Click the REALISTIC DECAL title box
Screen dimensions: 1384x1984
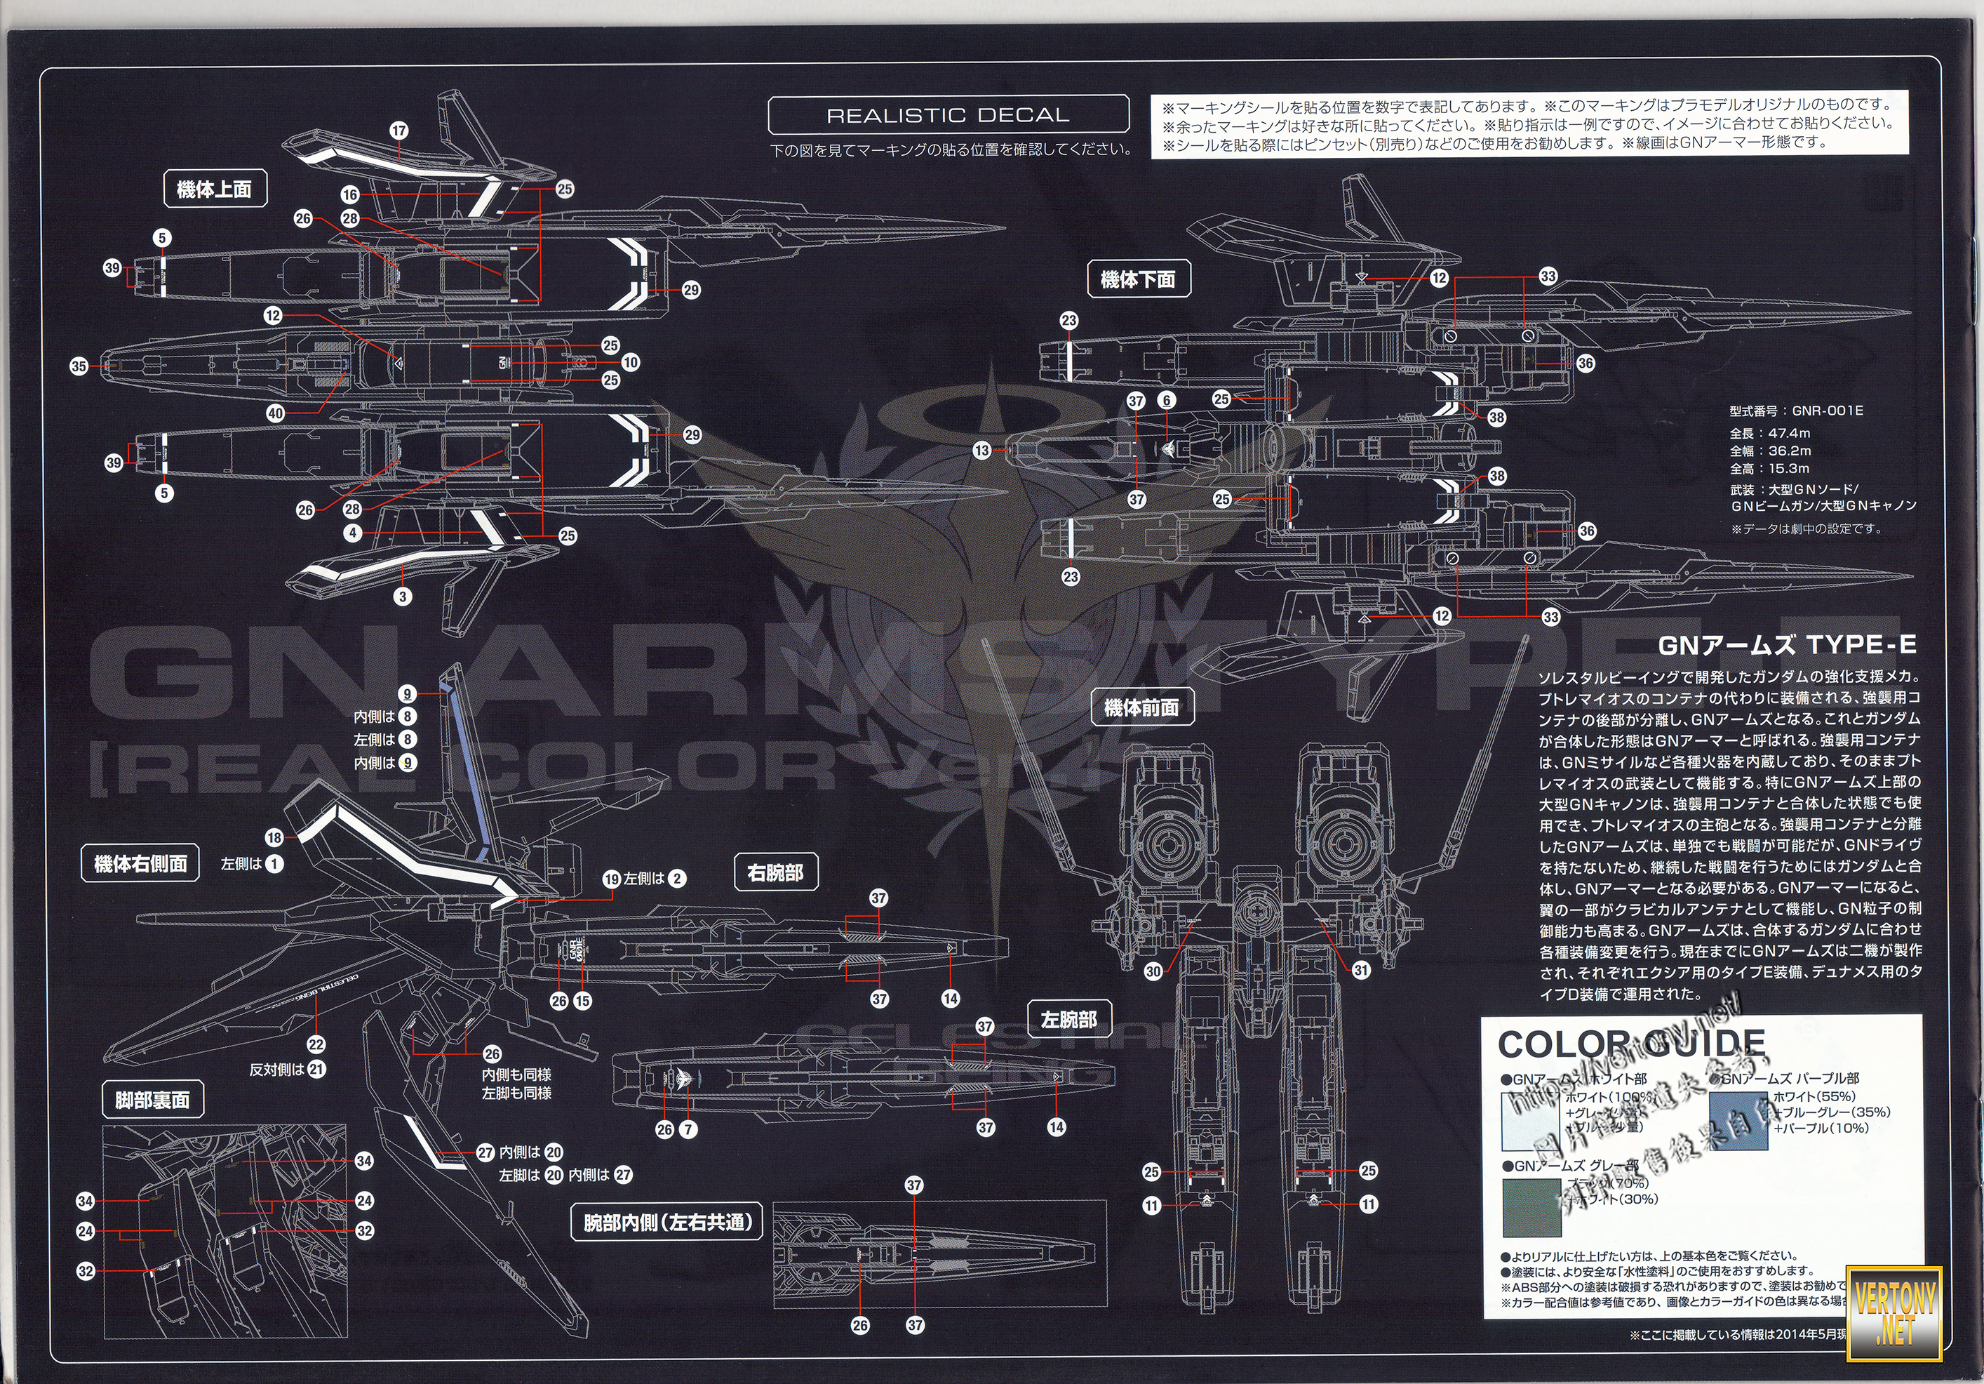tap(948, 114)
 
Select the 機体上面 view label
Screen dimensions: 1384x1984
tap(214, 189)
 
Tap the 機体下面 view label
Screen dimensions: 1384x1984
tap(1137, 279)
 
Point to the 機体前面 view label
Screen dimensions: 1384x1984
tap(1141, 708)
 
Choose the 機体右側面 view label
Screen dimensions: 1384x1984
tap(141, 863)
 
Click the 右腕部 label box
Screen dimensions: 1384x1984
tap(775, 873)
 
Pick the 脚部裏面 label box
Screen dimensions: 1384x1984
tap(152, 1100)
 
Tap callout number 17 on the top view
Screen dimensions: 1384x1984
tap(398, 131)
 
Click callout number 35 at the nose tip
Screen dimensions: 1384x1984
tap(79, 366)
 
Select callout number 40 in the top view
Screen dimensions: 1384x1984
tap(276, 413)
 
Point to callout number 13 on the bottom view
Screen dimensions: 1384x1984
tap(981, 451)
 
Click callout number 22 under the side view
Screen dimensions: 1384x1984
tap(316, 1044)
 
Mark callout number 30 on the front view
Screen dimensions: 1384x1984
tap(1153, 971)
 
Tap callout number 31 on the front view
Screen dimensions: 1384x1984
tap(1361, 970)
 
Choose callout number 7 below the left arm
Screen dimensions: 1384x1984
tap(688, 1129)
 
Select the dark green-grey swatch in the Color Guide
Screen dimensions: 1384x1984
tap(1532, 1208)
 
